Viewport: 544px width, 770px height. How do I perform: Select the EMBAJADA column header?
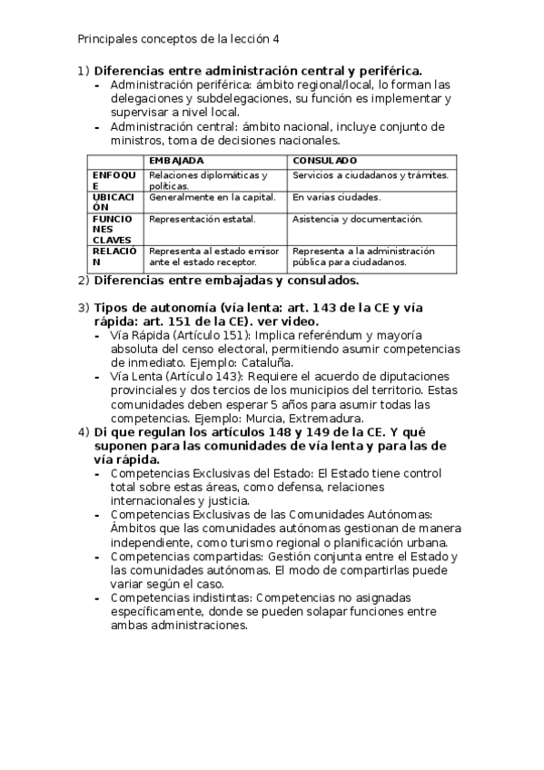(x=174, y=160)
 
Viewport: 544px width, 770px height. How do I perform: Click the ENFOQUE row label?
(x=113, y=180)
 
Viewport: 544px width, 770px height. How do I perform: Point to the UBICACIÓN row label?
(x=113, y=202)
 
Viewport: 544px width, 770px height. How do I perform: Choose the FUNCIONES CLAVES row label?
(x=113, y=229)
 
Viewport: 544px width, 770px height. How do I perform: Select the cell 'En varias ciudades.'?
(x=336, y=197)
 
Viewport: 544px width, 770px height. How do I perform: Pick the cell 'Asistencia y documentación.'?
(x=358, y=219)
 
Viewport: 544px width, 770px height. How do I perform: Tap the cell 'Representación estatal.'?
(x=202, y=219)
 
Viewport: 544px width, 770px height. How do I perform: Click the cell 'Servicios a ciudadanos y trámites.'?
(x=371, y=175)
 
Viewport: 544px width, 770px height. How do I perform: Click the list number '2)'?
(x=83, y=281)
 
